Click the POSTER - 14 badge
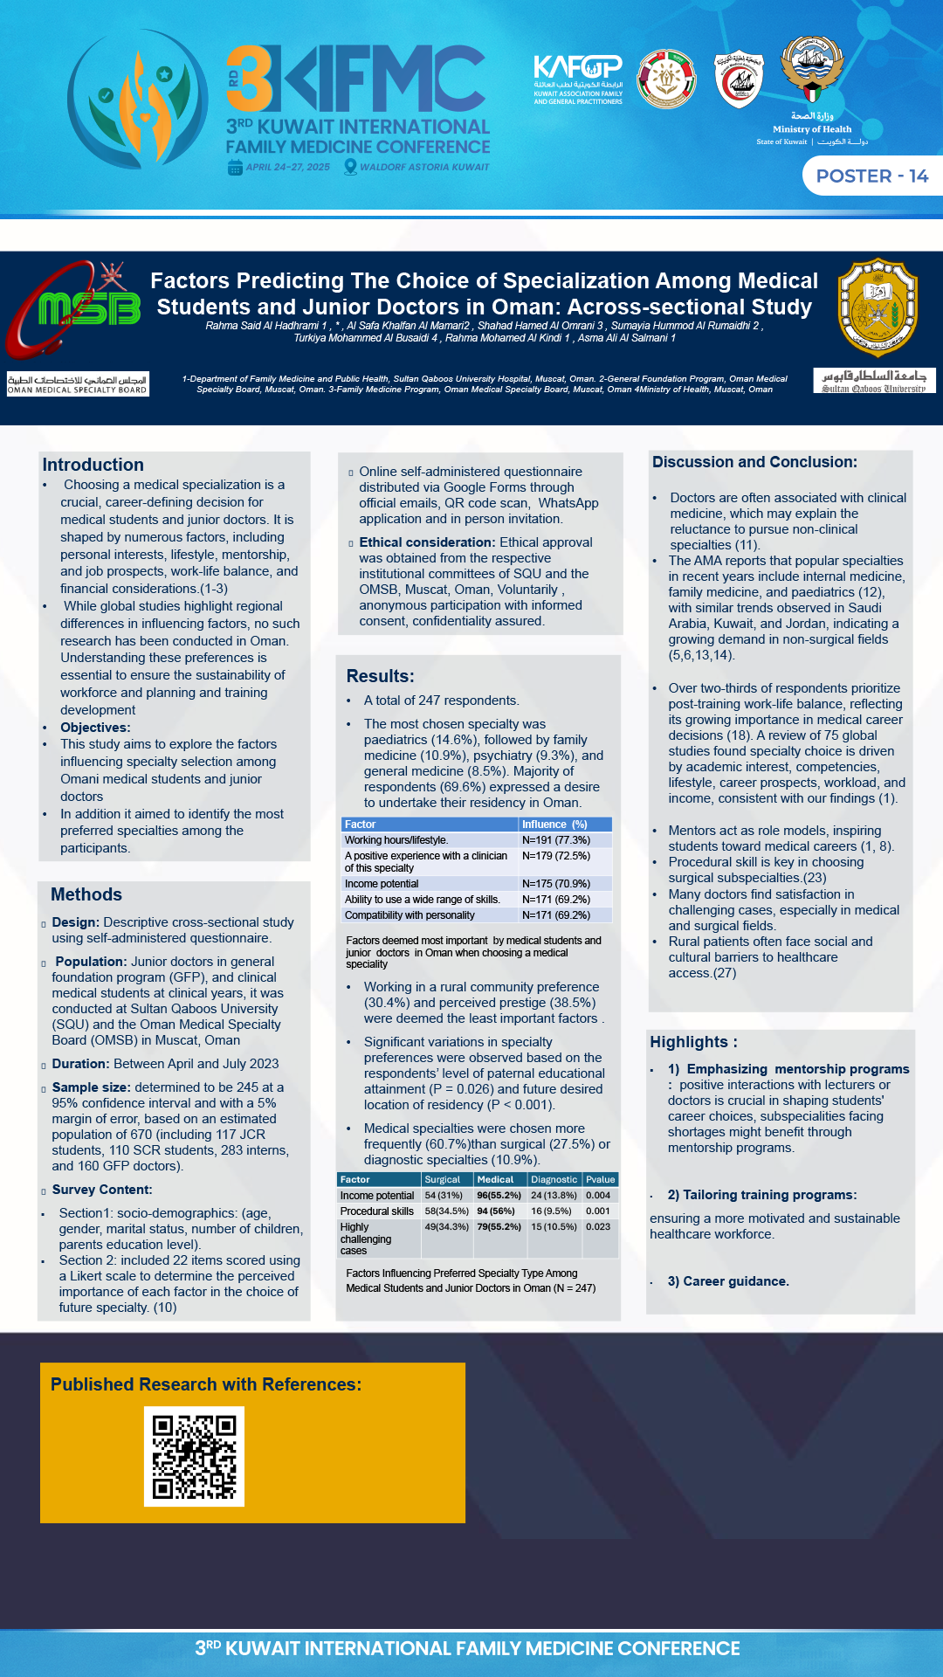(x=871, y=176)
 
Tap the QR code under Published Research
(x=194, y=1456)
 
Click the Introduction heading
(x=93, y=466)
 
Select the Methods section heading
(x=86, y=894)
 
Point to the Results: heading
(x=380, y=676)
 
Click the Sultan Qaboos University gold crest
(x=877, y=307)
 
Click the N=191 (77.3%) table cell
(x=555, y=840)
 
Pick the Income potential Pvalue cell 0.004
(x=598, y=1196)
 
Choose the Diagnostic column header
(x=554, y=1180)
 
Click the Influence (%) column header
(x=554, y=825)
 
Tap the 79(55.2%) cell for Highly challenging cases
(x=499, y=1227)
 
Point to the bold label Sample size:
(x=91, y=1087)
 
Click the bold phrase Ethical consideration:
(x=427, y=542)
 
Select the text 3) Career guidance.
(x=728, y=1281)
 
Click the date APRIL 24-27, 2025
(x=287, y=167)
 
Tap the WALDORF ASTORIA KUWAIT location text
(x=424, y=167)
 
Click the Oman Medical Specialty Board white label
(x=78, y=384)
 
